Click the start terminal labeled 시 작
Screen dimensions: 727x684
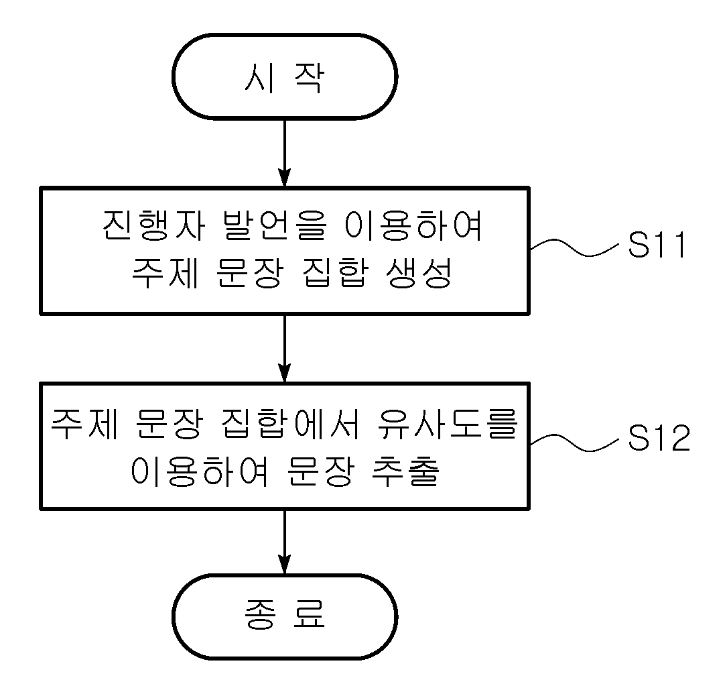pyautogui.click(x=285, y=76)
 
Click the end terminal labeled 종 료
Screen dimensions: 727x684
pyautogui.click(x=285, y=616)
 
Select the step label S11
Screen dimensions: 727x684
pyautogui.click(x=657, y=245)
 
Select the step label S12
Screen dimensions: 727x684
pyautogui.click(x=659, y=438)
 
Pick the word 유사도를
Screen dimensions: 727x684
pyautogui.click(x=447, y=422)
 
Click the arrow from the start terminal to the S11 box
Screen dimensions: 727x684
pyautogui.click(x=285, y=153)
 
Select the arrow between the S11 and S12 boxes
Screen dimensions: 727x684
pyautogui.click(x=285, y=349)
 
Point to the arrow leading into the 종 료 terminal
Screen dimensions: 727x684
pyautogui.click(x=285, y=542)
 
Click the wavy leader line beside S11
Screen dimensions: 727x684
pyautogui.click(x=574, y=247)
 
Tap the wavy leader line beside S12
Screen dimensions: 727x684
pyautogui.click(x=574, y=442)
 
